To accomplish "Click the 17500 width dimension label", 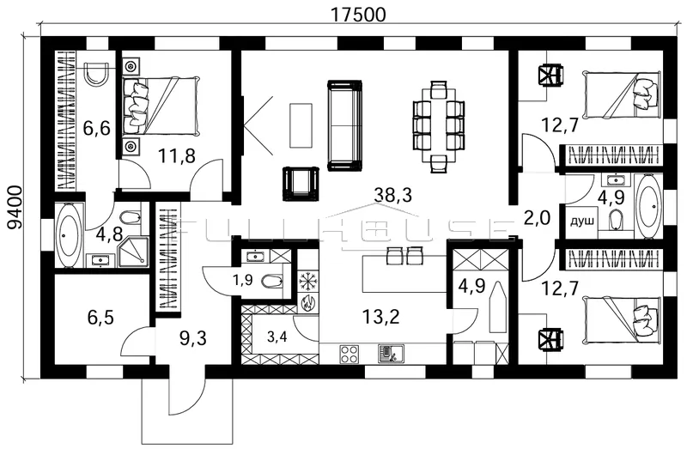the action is (358, 15).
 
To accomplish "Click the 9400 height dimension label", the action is (15, 207).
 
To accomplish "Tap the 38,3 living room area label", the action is (392, 195).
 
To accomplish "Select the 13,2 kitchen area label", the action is (380, 316).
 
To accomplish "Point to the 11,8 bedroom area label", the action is (176, 155).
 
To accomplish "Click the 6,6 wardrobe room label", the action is (96, 130).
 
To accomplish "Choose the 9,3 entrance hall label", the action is (192, 338).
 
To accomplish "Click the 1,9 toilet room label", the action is (242, 281).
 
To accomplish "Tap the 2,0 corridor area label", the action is (537, 218).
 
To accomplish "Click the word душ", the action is (582, 221).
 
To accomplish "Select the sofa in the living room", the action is (345, 125).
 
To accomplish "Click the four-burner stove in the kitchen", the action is (350, 354).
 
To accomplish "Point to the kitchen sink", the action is (392, 354).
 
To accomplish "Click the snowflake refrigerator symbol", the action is (307, 282).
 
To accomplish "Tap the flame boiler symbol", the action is (307, 303).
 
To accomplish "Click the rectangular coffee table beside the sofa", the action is (301, 125).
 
